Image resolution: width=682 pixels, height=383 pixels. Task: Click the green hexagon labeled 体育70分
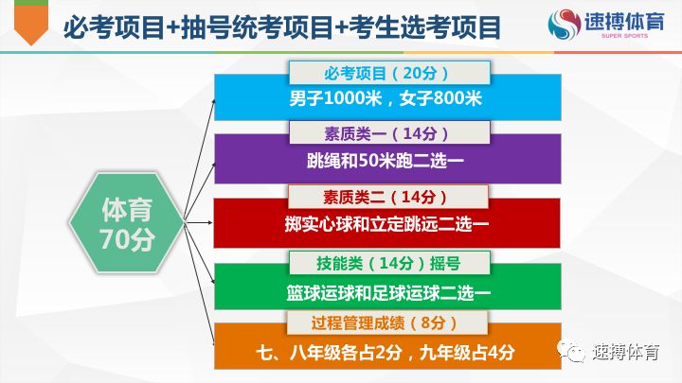point(126,223)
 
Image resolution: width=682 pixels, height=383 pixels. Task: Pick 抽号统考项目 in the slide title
point(256,27)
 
